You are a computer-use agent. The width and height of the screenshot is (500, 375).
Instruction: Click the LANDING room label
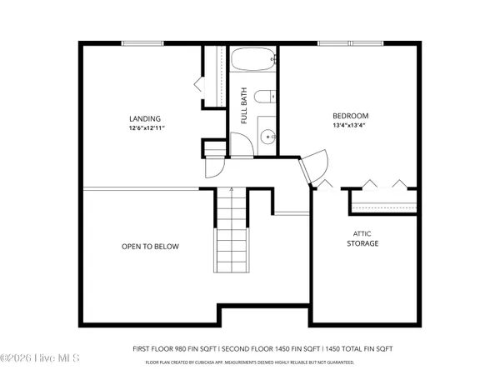(x=145, y=118)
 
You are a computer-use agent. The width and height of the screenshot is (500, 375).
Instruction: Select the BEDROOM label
(x=350, y=116)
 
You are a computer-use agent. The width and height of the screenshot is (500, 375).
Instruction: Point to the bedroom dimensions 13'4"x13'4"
(x=350, y=126)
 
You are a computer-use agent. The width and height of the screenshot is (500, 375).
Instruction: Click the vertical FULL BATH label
(x=244, y=106)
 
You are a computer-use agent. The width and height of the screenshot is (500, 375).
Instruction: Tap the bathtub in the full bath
(x=253, y=62)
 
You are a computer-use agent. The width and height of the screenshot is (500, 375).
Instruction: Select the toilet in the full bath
(x=264, y=97)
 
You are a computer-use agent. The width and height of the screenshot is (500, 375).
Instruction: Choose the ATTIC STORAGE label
(x=362, y=239)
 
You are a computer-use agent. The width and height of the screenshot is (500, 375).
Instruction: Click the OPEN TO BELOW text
(x=150, y=247)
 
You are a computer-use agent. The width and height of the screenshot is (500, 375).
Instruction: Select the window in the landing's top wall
(x=142, y=43)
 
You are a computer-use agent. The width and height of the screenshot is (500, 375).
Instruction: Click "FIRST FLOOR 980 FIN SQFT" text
(x=172, y=348)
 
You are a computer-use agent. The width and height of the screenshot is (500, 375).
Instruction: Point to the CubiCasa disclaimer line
(x=250, y=362)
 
